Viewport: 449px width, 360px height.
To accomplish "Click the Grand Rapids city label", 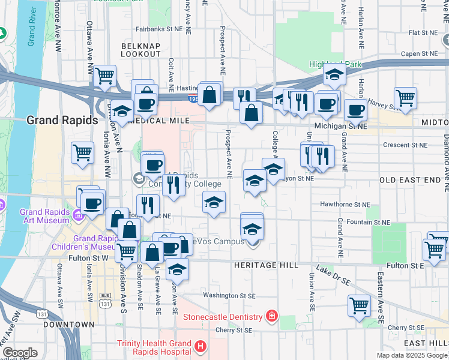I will pyautogui.click(x=62, y=120).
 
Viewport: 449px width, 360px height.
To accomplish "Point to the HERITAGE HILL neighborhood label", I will pyautogui.click(x=262, y=265).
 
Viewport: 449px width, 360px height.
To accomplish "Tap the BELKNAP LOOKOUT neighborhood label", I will pyautogui.click(x=142, y=50).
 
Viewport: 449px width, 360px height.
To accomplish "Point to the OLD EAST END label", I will pyautogui.click(x=410, y=180).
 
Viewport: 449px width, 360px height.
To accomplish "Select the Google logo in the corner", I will pyautogui.click(x=20, y=353).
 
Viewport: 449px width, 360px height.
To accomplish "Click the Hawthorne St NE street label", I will pyautogui.click(x=344, y=204).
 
